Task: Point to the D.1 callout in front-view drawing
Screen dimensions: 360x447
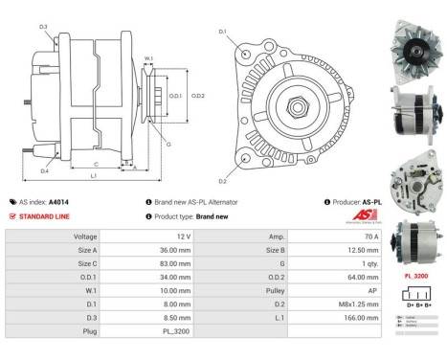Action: point(222,33)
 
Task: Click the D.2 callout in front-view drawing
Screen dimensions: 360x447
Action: point(222,181)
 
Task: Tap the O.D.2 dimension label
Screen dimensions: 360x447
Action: point(198,96)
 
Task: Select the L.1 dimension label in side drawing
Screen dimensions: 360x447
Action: point(94,176)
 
